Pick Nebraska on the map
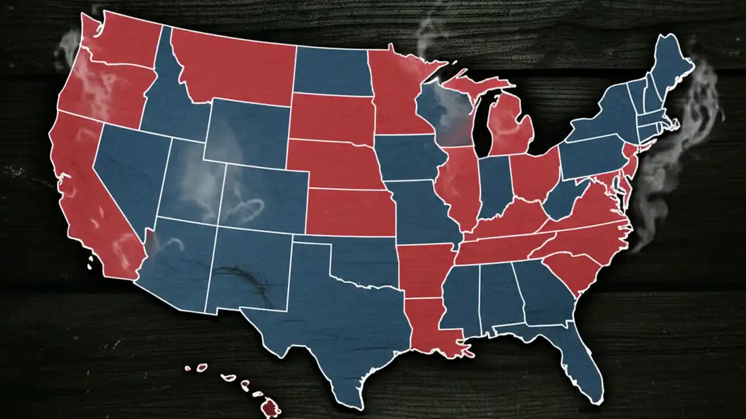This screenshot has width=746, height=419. click(x=332, y=163)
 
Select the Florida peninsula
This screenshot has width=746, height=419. click(x=577, y=361)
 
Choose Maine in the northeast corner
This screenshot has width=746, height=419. click(x=670, y=64)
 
